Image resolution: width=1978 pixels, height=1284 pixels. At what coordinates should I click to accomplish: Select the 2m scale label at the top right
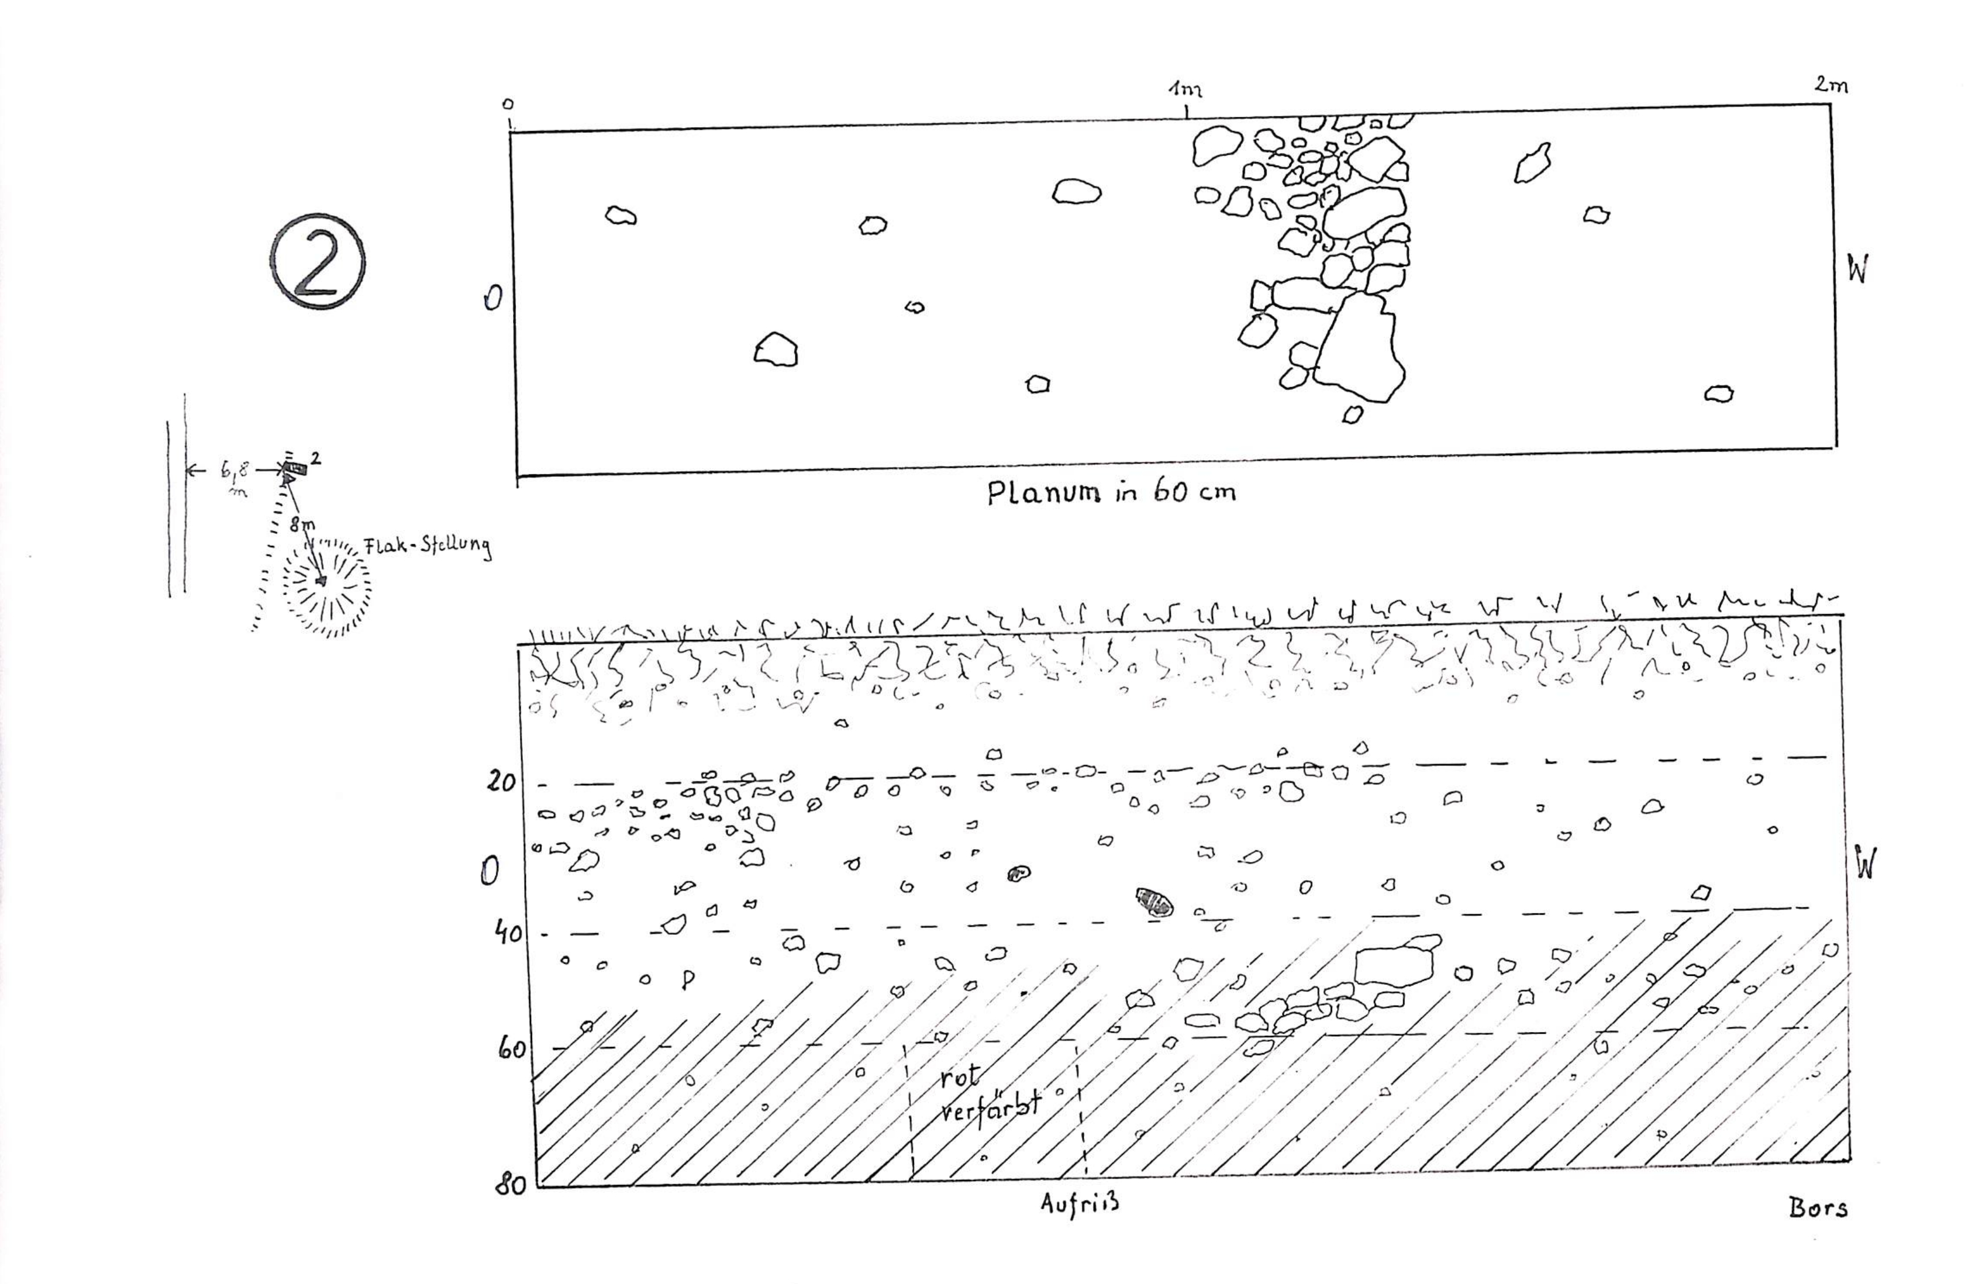tap(1831, 84)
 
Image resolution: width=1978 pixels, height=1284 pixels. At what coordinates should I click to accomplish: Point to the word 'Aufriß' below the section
tap(1080, 1203)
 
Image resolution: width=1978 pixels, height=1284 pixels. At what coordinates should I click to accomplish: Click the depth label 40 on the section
tap(504, 933)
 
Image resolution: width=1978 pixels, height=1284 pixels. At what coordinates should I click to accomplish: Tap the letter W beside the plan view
tap(1857, 269)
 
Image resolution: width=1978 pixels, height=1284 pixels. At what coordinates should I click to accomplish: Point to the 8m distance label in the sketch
tap(302, 525)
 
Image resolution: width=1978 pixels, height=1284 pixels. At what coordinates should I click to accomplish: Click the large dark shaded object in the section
tap(1154, 901)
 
